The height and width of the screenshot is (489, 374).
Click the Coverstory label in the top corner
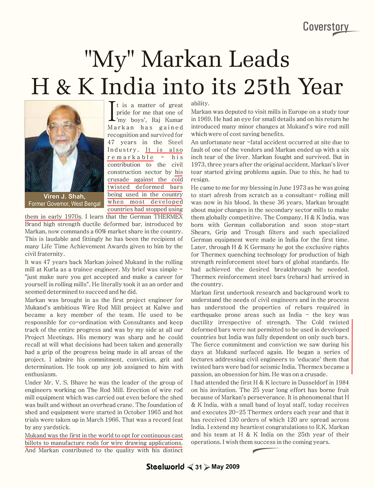tap(326, 27)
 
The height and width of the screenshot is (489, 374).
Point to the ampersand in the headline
tap(64, 87)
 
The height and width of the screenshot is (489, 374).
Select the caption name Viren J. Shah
tap(64, 196)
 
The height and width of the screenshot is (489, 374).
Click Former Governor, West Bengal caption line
tap(64, 204)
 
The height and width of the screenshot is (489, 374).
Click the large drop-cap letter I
tap(112, 111)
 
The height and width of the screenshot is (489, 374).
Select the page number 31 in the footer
tap(198, 467)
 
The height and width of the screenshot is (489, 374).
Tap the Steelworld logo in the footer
tap(165, 467)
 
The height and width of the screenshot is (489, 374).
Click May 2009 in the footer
tap(225, 467)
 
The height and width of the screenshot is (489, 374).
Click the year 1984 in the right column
tap(341, 382)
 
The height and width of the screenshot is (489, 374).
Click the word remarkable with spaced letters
tap(130, 157)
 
